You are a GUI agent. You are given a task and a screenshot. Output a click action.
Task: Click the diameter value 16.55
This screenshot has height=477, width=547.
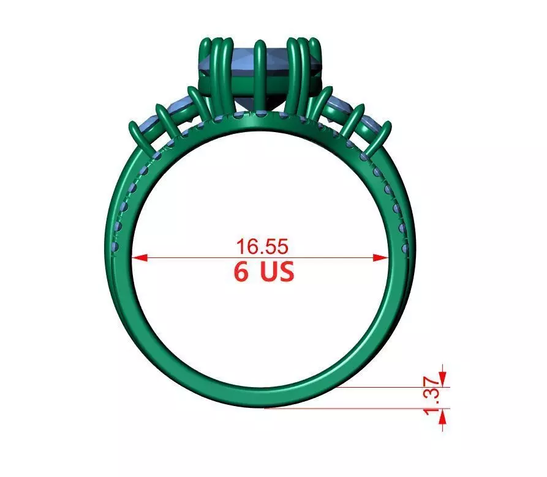pos(262,246)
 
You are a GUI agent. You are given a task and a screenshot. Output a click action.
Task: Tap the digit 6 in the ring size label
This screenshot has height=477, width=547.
pos(241,272)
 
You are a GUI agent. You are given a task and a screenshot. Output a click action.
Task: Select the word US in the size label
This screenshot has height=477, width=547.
pos(275,272)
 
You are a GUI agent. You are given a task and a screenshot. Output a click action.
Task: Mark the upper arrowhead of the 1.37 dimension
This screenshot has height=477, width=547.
pos(443,380)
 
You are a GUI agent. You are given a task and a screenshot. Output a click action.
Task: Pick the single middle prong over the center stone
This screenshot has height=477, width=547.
pos(260,73)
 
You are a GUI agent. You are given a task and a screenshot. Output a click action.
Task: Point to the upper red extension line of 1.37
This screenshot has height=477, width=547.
pos(392,386)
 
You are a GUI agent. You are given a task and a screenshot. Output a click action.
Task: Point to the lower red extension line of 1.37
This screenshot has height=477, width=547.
pos(355,408)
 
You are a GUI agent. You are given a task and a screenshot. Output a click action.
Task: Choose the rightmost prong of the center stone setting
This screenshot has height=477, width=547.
pos(317,67)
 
